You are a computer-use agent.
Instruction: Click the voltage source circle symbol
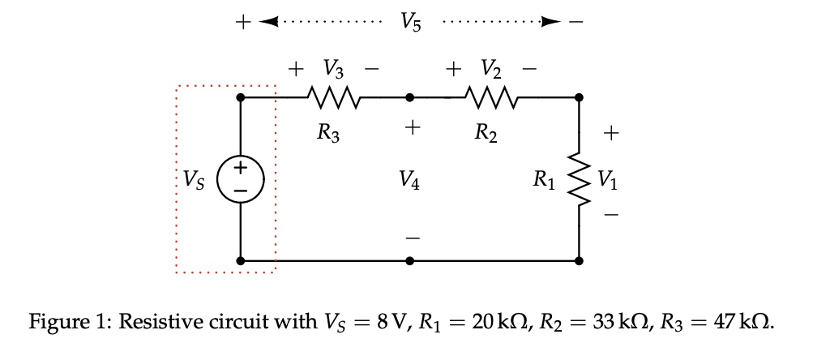(241, 178)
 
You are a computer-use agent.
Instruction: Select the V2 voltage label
(491, 68)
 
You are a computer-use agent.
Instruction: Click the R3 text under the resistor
(328, 135)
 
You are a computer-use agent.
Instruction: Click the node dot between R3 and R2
(410, 98)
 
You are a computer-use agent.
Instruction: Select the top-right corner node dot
(579, 98)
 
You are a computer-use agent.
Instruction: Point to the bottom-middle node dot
(410, 261)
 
